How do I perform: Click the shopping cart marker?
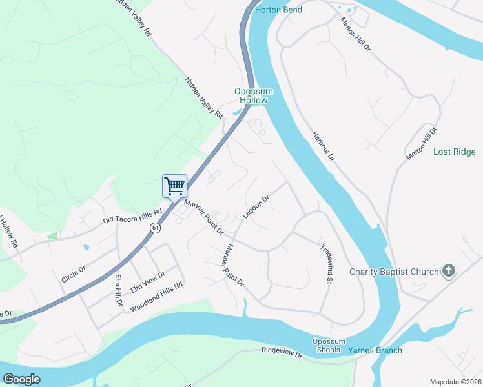174,187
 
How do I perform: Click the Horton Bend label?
278,10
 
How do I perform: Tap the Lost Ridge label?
454,152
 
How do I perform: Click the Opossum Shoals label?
329,346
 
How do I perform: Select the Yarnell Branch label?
375,350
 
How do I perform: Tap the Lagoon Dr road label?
255,207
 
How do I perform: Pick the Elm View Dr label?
148,283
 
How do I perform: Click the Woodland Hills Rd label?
156,297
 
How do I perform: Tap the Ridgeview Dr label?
282,353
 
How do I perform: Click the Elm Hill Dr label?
118,290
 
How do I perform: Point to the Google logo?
22,379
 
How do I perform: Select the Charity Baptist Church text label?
395,272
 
